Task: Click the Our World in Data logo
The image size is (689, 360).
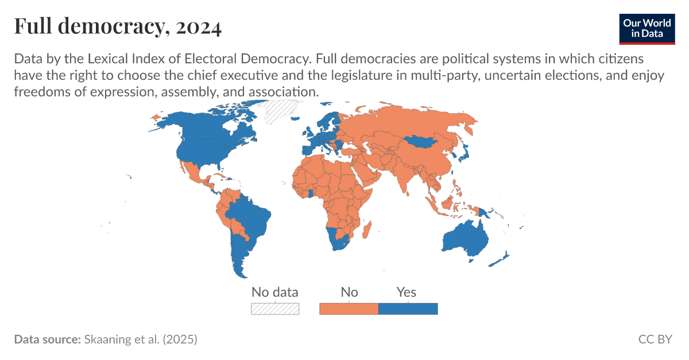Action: pyautogui.click(x=647, y=27)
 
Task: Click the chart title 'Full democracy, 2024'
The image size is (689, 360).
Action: pyautogui.click(x=118, y=27)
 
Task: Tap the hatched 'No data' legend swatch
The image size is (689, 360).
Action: pyautogui.click(x=275, y=308)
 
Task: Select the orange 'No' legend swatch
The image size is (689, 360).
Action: pyautogui.click(x=349, y=308)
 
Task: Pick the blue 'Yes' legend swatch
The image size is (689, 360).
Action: pyautogui.click(x=408, y=308)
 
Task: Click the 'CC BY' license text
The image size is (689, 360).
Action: pyautogui.click(x=655, y=339)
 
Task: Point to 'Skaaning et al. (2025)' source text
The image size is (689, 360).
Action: pyautogui.click(x=140, y=339)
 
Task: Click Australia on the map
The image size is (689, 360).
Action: pyautogui.click(x=465, y=238)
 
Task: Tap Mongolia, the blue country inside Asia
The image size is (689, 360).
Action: pyautogui.click(x=419, y=142)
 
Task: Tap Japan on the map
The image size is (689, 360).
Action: pyautogui.click(x=463, y=152)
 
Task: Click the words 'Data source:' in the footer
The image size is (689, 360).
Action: pyautogui.click(x=47, y=339)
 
